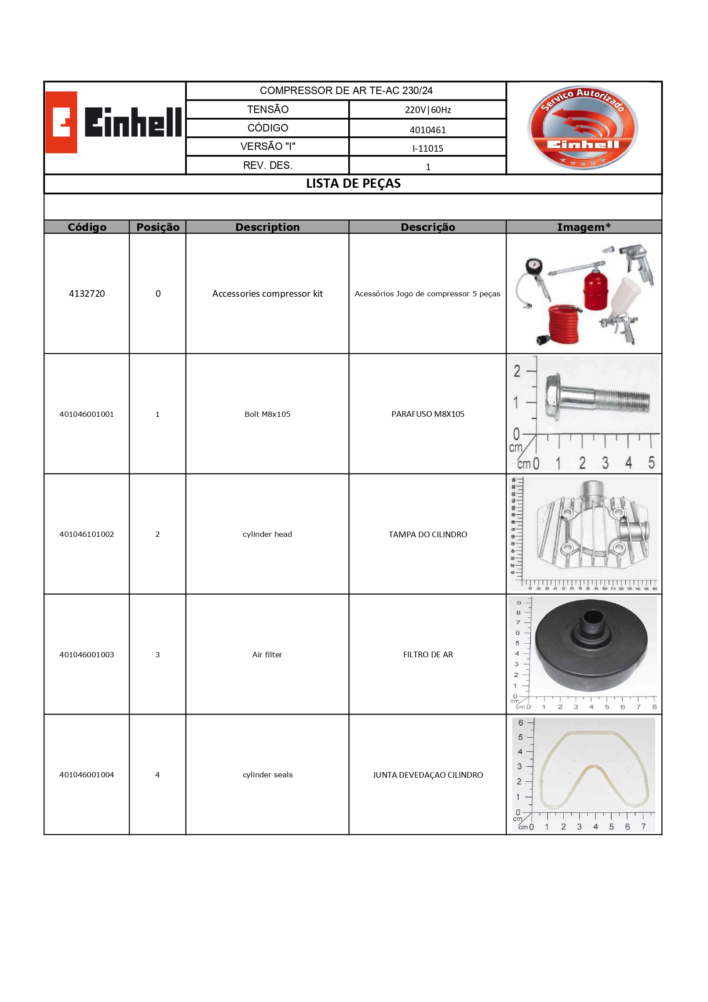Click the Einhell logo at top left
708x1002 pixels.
[113, 122]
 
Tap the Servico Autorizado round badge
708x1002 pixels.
[583, 128]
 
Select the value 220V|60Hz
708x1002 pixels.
[427, 110]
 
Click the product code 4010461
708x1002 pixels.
[427, 130]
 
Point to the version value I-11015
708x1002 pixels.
[427, 149]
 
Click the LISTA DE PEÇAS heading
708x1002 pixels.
[353, 184]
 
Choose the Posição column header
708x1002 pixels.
[157, 227]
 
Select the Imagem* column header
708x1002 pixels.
[584, 227]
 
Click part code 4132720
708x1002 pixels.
[87, 294]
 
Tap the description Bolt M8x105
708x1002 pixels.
[267, 414]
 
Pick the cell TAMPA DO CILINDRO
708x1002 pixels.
[427, 535]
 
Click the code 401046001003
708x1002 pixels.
[87, 655]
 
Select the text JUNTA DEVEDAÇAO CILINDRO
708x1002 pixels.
[427, 775]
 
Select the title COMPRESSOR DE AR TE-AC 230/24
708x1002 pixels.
[346, 91]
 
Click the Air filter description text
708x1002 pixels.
[267, 655]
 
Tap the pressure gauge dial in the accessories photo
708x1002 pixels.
[533, 267]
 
